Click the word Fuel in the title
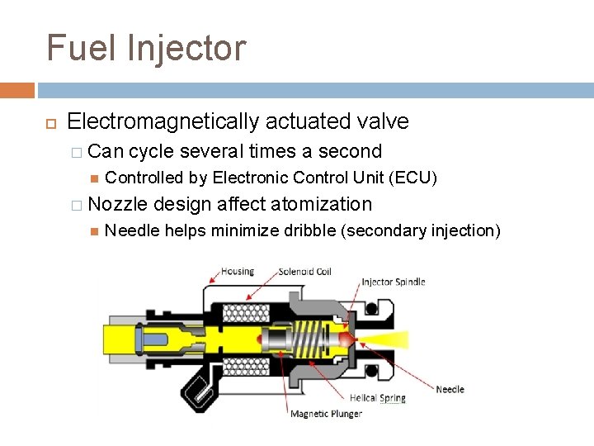pyautogui.click(x=81, y=48)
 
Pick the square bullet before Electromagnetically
pyautogui.click(x=49, y=122)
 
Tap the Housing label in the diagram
pyautogui.click(x=238, y=271)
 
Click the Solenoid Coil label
pyautogui.click(x=304, y=272)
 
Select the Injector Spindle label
pyautogui.click(x=393, y=282)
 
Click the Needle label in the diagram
pyautogui.click(x=450, y=389)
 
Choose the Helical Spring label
pyautogui.click(x=377, y=398)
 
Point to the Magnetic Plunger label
pyautogui.click(x=326, y=413)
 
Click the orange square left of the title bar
pyautogui.click(x=16, y=90)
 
